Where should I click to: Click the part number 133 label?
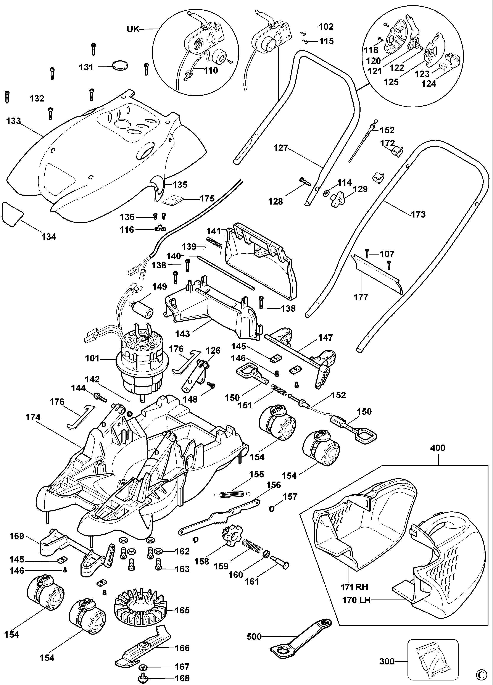[x=13, y=121]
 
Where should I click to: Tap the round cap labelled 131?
[x=120, y=66]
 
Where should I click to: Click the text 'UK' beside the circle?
[x=133, y=29]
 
